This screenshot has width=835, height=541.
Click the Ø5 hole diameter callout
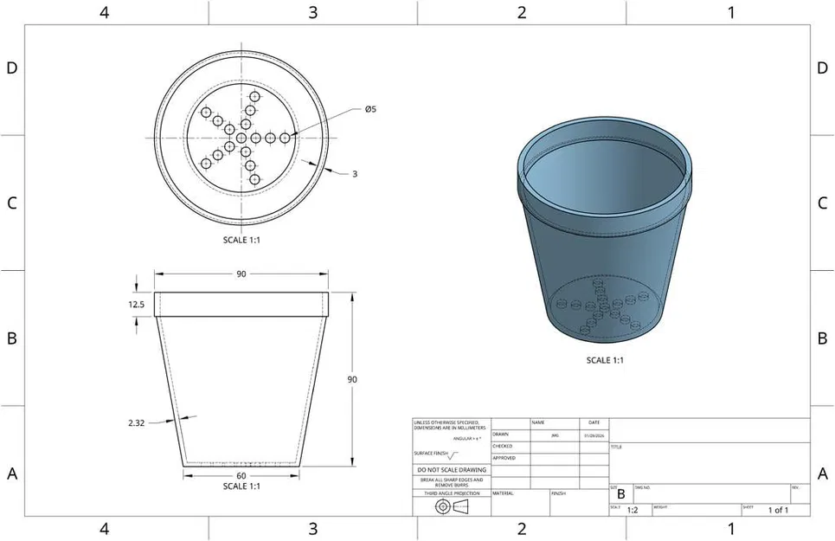tap(369, 109)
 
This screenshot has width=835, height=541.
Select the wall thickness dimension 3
tap(355, 174)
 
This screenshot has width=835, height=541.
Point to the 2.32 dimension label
tap(136, 423)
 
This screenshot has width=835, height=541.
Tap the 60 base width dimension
tap(241, 476)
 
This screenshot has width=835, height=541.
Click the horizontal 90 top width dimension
tap(241, 274)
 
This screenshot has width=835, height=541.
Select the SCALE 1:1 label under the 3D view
tap(605, 360)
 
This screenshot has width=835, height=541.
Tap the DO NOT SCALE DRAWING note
tap(451, 470)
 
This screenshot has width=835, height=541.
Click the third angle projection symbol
tap(451, 505)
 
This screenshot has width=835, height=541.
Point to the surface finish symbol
tap(450, 454)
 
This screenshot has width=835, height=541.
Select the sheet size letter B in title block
tap(620, 494)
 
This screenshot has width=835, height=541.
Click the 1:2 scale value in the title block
tap(633, 511)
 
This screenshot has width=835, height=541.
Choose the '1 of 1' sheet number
tap(778, 511)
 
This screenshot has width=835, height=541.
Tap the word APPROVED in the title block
tap(504, 458)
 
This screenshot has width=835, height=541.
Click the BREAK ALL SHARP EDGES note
tap(451, 482)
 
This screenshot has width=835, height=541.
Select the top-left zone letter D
tap(12, 68)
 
